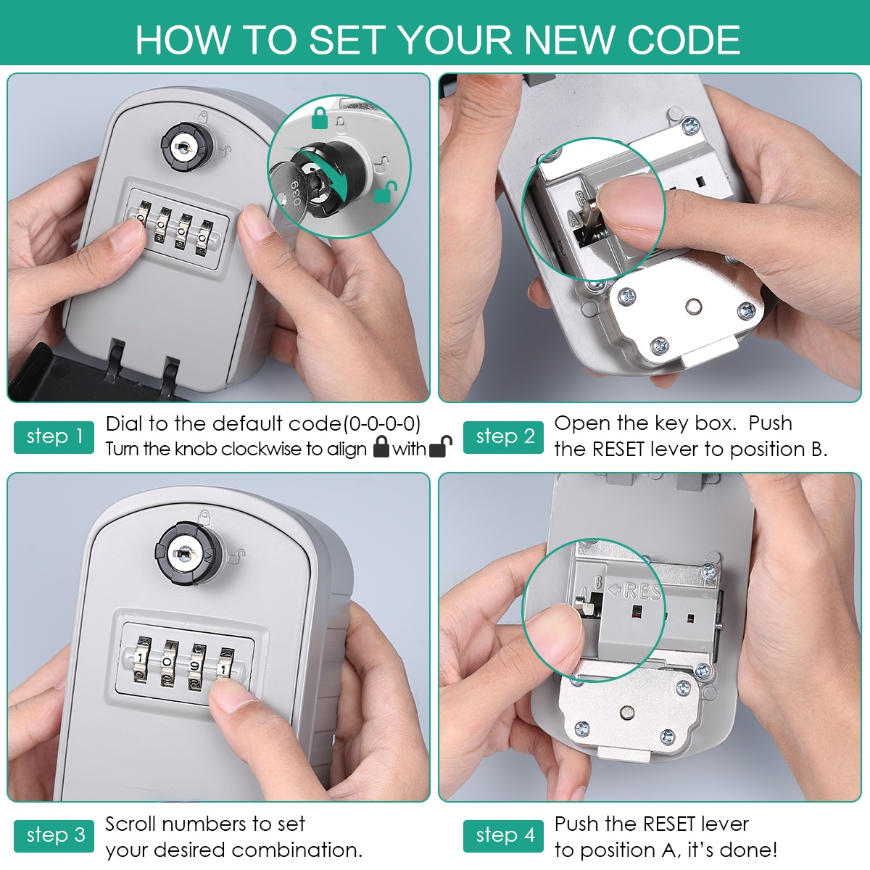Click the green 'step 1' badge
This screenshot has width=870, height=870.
(54, 437)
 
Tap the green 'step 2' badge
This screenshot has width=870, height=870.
(503, 437)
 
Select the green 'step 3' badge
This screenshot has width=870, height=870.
(54, 836)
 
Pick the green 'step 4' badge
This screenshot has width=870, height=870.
(503, 836)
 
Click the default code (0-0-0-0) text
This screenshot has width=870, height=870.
(382, 424)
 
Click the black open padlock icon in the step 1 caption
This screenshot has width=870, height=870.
(440, 447)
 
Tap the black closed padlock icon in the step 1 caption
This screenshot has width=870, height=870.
(381, 447)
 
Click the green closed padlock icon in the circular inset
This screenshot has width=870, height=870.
(320, 118)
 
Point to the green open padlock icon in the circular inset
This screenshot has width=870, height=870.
(385, 192)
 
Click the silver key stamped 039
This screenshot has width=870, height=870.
(289, 194)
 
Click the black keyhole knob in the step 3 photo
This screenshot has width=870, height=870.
(188, 553)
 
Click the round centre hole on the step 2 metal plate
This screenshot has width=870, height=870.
(694, 307)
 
